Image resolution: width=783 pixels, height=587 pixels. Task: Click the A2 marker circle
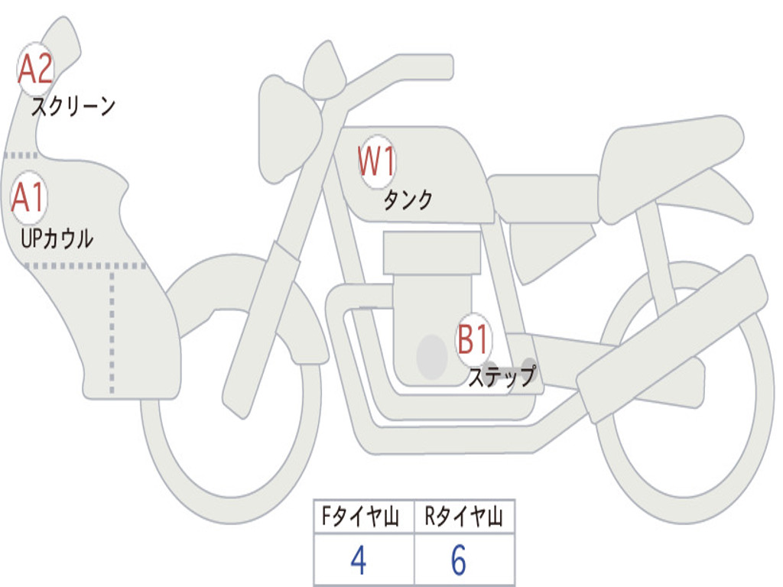click(x=34, y=70)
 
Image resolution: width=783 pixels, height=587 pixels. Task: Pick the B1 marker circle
click(x=473, y=339)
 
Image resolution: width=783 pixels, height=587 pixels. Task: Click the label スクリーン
click(x=73, y=106)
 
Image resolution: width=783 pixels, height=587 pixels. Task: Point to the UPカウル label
click(x=57, y=238)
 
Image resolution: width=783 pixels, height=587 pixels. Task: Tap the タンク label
click(x=408, y=199)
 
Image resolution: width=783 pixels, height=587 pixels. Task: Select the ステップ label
click(x=502, y=377)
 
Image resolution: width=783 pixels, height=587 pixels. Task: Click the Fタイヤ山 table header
click(x=363, y=517)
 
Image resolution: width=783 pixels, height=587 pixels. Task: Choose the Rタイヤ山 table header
click(x=464, y=517)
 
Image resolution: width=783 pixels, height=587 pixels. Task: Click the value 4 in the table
click(x=358, y=561)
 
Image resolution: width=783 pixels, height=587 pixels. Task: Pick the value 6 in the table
click(x=458, y=561)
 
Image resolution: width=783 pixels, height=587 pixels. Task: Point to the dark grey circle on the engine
click(x=432, y=356)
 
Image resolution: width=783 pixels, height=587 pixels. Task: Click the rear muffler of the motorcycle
click(x=673, y=336)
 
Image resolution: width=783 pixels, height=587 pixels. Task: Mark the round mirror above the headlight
click(x=324, y=71)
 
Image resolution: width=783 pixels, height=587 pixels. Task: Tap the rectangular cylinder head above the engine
click(x=432, y=252)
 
